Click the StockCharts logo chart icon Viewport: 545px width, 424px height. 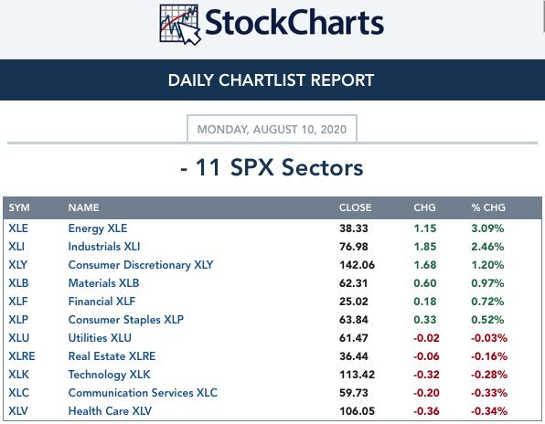coord(180,25)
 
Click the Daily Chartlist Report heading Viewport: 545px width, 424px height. coord(271,80)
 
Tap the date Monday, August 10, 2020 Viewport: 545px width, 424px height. coord(272,130)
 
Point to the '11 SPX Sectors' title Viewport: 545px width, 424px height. coord(272,168)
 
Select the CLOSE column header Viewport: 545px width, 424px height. coord(355,207)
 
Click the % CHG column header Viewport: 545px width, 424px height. coord(488,207)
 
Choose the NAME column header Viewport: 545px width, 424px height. coord(84,207)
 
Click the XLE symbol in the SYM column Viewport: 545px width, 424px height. coord(18,228)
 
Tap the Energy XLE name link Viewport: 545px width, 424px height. coord(98,228)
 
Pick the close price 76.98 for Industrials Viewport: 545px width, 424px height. coord(354,247)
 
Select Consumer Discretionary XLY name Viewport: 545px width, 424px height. coord(141,265)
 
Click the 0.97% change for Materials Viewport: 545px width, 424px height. coord(487,283)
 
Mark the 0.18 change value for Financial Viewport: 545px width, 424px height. coord(424,302)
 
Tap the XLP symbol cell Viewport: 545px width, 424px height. coord(18,320)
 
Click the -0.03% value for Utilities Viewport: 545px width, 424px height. coord(489,338)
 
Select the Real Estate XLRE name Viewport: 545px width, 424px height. coord(112,356)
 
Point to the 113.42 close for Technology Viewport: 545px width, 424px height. coord(357,375)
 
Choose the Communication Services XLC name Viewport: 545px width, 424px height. coord(143,393)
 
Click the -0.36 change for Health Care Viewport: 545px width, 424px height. coord(426,411)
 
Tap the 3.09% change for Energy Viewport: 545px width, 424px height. coord(487,228)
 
